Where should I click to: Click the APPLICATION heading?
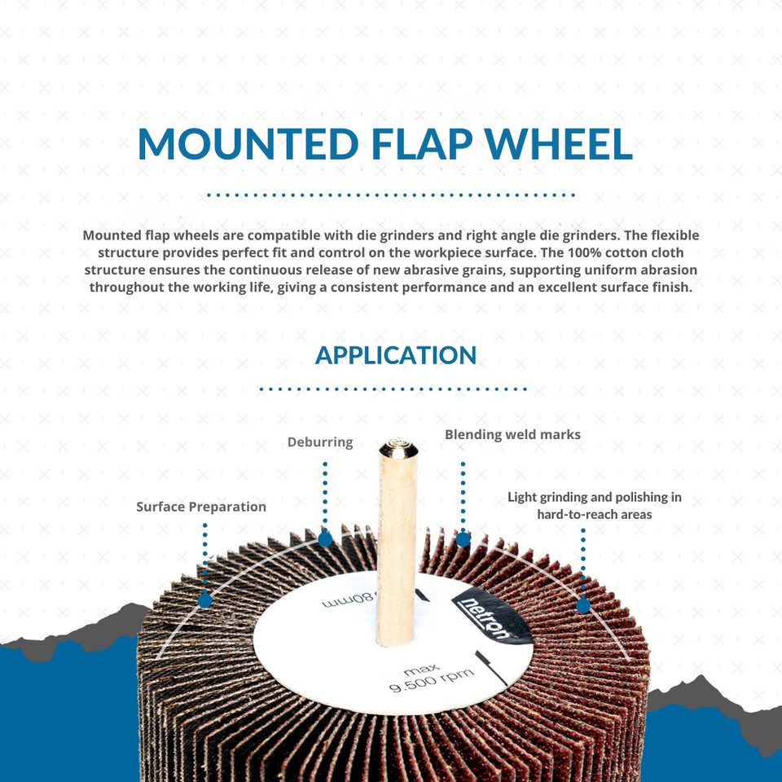[395, 355]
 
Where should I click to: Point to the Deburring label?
[320, 442]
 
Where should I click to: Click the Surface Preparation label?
[201, 507]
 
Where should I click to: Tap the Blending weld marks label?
[512, 435]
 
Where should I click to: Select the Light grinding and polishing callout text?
[594, 505]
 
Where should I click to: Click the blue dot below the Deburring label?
[325, 538]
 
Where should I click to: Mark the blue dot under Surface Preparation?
[204, 600]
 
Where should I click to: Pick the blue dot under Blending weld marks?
[463, 538]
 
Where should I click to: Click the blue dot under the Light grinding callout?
[582, 605]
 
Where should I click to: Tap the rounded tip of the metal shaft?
[398, 446]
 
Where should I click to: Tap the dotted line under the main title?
[391, 195]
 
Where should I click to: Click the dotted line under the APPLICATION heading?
[393, 389]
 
